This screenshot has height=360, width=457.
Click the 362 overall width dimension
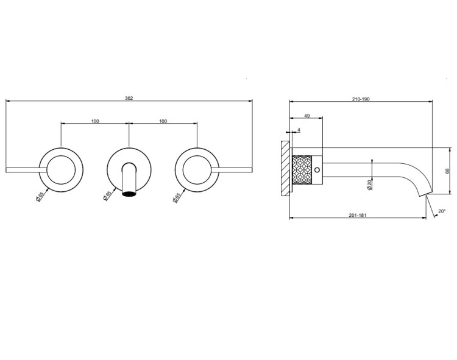click(x=129, y=98)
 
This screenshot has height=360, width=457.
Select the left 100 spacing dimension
click(x=95, y=121)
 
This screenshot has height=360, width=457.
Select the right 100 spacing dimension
click(x=163, y=121)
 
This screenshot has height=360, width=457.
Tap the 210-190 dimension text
click(x=361, y=99)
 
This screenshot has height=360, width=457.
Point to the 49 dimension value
click(x=307, y=116)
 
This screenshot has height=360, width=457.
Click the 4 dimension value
click(x=299, y=130)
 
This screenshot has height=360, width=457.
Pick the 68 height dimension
click(x=448, y=171)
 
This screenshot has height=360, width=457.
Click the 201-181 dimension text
click(x=357, y=215)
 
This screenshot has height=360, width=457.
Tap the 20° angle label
click(x=442, y=211)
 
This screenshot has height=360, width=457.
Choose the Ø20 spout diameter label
click(x=370, y=185)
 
